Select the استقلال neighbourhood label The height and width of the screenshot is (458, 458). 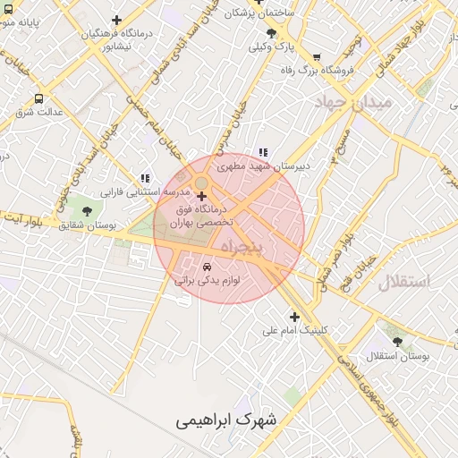coord(403,281)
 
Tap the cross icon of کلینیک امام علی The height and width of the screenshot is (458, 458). coord(294,316)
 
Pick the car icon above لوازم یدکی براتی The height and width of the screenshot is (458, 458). coord(208,267)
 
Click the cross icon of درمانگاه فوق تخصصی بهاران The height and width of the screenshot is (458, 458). coord(201,195)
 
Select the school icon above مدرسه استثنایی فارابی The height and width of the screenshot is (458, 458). coord(145,178)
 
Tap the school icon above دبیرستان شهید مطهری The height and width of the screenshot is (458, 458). coord(262,152)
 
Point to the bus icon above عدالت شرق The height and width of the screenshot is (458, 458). coord(38,98)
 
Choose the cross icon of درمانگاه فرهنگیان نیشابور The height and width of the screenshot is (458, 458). coord(117,20)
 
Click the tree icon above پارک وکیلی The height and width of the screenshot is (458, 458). coord(271,33)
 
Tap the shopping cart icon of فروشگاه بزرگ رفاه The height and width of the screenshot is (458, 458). coord(317,57)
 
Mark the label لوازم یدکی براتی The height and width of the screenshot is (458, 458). coord(208,281)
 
